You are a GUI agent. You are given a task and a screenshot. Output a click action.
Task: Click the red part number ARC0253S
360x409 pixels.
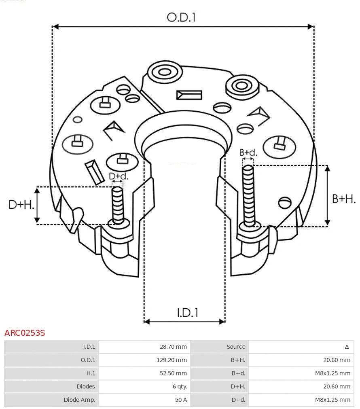coord(25,333)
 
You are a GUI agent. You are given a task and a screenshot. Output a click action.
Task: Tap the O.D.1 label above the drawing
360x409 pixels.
coord(181,17)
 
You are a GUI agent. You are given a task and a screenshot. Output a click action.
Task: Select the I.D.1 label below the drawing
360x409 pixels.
coord(187,313)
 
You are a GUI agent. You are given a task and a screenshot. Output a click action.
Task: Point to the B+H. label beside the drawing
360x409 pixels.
coord(343,199)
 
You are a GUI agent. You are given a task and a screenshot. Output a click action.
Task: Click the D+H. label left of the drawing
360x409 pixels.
coord(21,205)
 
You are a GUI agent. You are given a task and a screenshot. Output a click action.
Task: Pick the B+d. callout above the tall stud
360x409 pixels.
coord(248,153)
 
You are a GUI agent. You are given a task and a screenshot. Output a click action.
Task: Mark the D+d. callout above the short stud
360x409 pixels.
coord(119,176)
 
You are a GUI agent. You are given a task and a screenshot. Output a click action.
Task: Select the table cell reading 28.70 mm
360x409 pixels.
coord(173,347)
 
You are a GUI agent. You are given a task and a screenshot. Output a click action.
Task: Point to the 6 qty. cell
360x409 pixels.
coord(180,386)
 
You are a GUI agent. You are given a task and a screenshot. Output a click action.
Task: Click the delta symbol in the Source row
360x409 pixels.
coord(347,347)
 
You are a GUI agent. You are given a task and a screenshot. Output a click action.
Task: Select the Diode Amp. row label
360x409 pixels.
coord(79,400)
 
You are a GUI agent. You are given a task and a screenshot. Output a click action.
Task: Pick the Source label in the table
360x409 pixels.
coord(236,347)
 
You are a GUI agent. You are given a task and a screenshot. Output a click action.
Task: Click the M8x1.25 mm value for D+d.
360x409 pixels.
coord(332,400)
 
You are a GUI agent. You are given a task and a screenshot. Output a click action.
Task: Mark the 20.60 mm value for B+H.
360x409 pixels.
coord(337,360)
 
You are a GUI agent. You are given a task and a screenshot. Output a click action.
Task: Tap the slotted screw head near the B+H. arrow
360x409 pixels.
coord(285,201)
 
